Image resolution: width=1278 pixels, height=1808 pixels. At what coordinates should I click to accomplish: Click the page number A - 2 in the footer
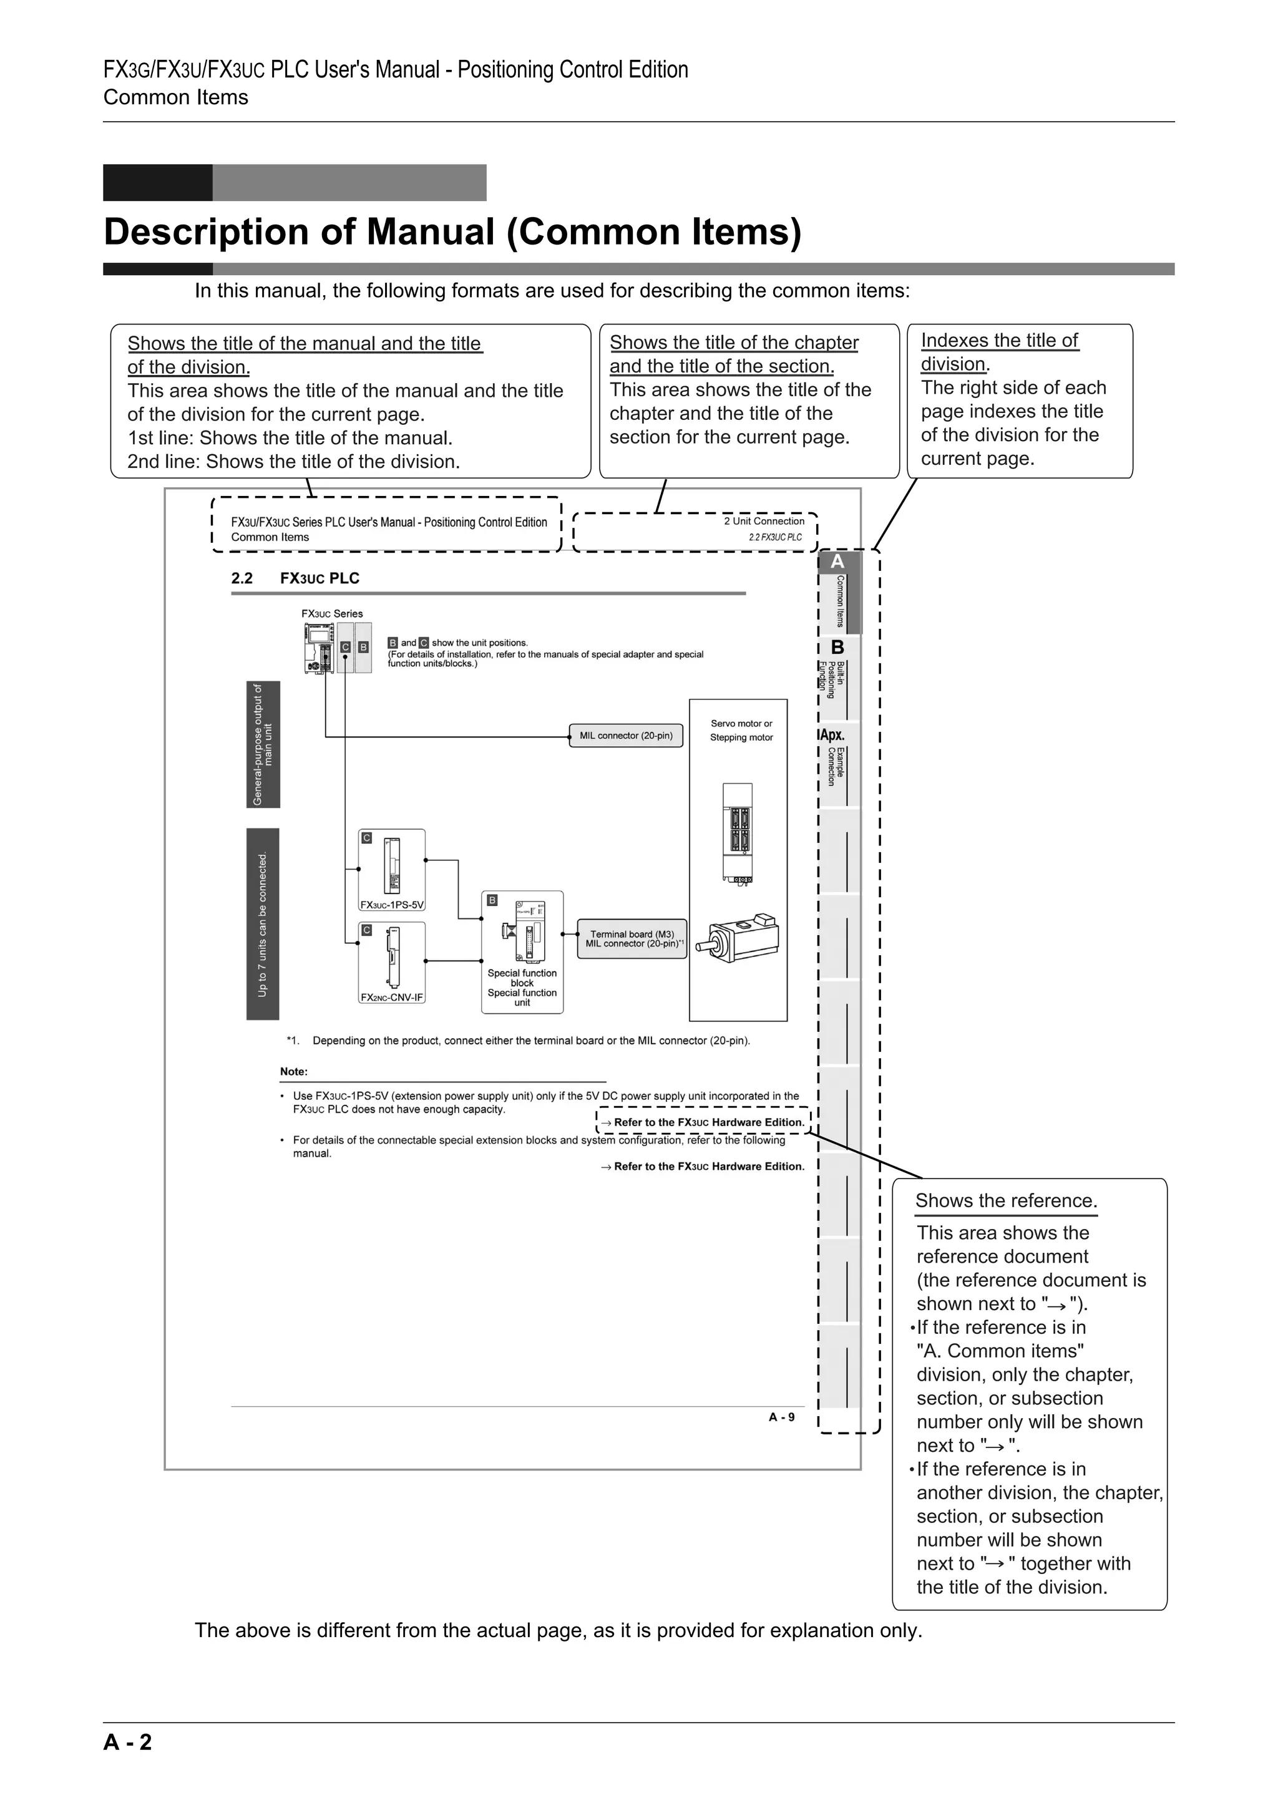click(127, 1763)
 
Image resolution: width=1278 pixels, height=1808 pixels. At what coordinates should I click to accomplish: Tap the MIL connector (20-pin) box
click(626, 736)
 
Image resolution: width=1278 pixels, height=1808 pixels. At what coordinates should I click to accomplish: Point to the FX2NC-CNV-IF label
click(391, 997)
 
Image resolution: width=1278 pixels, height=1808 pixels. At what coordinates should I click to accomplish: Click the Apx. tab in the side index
click(832, 735)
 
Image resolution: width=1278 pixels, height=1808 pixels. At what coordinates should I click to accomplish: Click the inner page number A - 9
click(781, 1417)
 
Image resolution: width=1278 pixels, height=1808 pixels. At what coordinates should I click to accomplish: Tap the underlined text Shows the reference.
click(1005, 1201)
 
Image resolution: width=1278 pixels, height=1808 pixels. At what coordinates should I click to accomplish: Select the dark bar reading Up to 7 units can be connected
click(263, 924)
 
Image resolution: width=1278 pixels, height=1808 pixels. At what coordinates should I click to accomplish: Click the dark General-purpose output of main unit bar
click(263, 744)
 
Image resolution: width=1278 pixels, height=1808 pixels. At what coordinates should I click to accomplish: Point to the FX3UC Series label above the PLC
click(331, 613)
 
